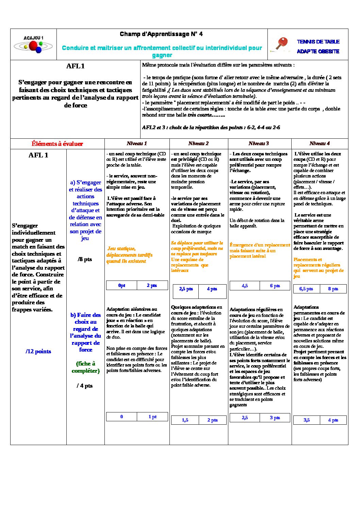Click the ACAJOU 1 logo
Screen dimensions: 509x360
[33, 45]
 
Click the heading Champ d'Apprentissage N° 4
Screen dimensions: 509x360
[161, 34]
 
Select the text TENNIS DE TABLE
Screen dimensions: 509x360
[318, 42]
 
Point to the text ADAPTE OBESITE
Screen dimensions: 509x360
[318, 51]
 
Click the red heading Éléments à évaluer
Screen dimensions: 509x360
[57, 144]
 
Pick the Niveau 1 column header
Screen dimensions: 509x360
[137, 143]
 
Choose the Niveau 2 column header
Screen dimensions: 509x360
[198, 143]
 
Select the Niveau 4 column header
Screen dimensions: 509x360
[320, 143]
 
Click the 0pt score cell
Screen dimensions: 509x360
[122, 286]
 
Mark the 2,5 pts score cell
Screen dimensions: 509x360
[186, 289]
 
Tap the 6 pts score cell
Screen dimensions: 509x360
[275, 286]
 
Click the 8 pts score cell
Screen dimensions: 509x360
[333, 289]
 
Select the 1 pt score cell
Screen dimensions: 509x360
[152, 417]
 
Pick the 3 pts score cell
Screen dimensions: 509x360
[275, 418]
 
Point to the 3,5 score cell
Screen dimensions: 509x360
[307, 420]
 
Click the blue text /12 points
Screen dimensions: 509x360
[38, 352]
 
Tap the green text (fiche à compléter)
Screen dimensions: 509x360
[86, 367]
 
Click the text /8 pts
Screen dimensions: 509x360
[85, 259]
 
